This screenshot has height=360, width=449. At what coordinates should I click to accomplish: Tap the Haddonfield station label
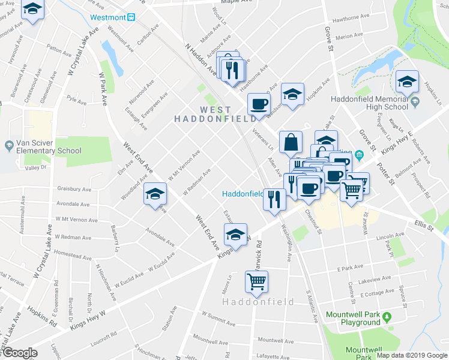click(x=243, y=194)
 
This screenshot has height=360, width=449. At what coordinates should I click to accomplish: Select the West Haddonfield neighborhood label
click(x=207, y=114)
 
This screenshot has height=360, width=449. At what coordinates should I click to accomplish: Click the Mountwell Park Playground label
click(x=353, y=319)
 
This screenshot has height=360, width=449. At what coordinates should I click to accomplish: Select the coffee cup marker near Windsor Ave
click(x=259, y=104)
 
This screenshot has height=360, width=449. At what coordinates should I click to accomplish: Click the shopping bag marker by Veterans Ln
click(x=291, y=143)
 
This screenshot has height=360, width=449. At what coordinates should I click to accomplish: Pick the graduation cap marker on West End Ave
click(x=155, y=194)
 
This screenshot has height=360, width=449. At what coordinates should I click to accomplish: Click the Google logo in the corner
click(x=20, y=353)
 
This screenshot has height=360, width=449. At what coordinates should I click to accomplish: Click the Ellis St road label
click(x=423, y=226)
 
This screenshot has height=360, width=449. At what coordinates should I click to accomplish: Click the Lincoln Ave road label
click(x=371, y=238)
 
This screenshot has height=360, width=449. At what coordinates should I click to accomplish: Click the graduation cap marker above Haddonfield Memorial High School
click(x=407, y=80)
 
